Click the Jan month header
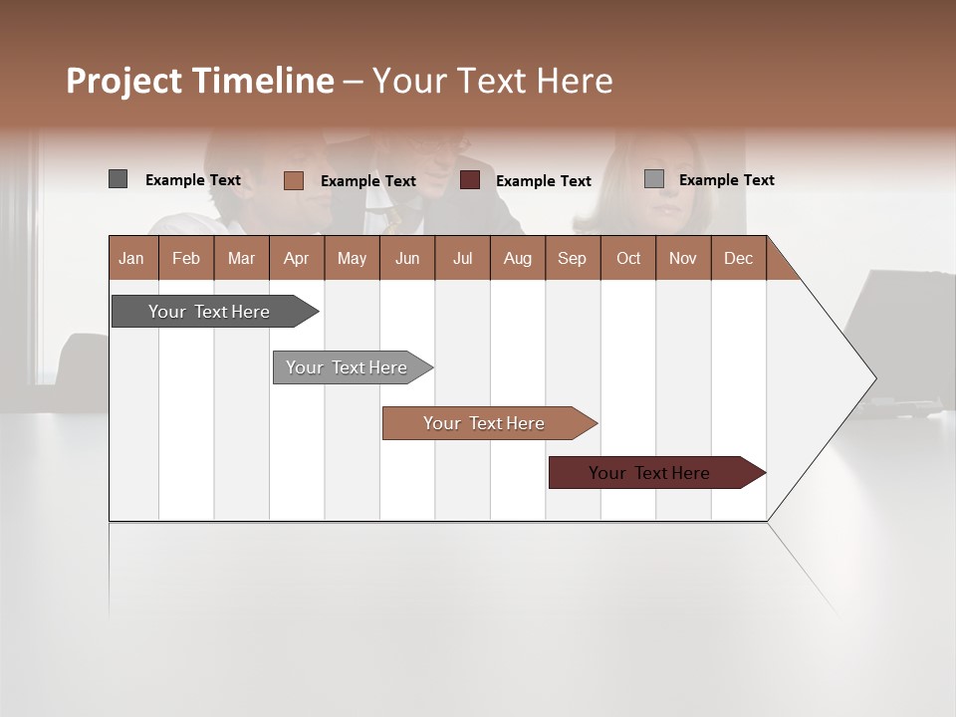click(132, 258)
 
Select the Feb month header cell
click(186, 258)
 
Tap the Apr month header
click(297, 258)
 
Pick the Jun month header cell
click(407, 258)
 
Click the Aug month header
click(518, 258)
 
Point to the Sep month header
click(573, 258)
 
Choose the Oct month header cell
click(628, 258)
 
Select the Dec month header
click(739, 258)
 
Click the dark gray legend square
click(118, 179)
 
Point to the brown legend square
click(293, 180)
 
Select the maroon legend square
click(470, 180)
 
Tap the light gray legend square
click(653, 179)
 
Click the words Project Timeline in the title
click(200, 81)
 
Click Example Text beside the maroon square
click(544, 181)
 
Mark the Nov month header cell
click(683, 258)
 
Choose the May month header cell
click(352, 258)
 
